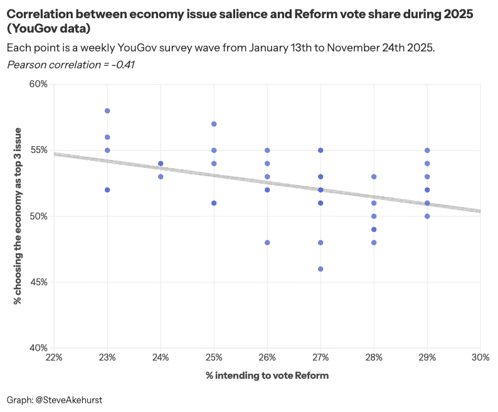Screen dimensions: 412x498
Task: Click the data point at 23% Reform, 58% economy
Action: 107,110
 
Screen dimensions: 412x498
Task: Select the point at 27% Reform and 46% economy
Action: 321,269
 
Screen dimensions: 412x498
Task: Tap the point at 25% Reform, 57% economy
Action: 214,124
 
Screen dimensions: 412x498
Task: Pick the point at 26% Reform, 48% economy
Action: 267,243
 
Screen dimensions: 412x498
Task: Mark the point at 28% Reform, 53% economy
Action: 374,177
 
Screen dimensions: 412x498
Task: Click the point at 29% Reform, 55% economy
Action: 427,151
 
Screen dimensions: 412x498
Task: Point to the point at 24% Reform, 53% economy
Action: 161,177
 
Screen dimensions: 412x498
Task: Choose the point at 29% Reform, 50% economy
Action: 427,216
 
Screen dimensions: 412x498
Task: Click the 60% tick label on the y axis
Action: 39,84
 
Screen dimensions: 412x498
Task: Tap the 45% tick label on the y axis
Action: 39,282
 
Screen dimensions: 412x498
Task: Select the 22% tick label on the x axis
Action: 54,357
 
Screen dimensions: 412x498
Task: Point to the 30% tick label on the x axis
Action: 480,357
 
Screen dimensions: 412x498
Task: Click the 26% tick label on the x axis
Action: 267,357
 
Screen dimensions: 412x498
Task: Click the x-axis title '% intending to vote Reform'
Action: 267,376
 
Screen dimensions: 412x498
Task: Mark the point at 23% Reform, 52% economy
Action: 107,190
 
